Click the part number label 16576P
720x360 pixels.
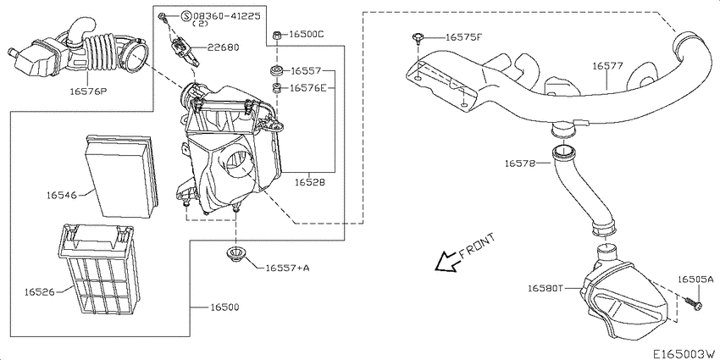point(88,91)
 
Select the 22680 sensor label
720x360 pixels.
point(223,47)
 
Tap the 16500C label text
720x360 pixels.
point(307,34)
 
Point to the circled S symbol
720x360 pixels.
point(186,17)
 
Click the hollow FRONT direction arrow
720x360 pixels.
point(446,262)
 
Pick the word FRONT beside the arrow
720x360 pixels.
point(477,246)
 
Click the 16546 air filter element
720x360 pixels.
point(123,175)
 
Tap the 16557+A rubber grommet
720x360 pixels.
point(236,255)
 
